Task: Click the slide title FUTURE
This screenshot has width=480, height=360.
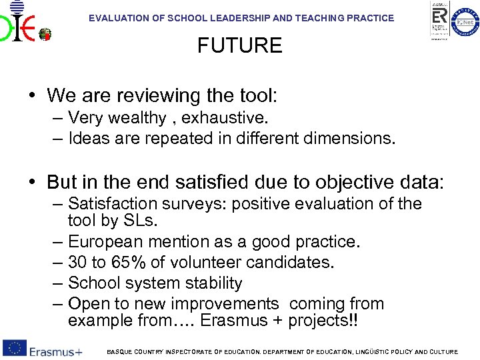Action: click(x=239, y=46)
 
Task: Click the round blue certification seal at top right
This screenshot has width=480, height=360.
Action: click(x=465, y=23)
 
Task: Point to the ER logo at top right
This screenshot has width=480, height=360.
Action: click(x=439, y=20)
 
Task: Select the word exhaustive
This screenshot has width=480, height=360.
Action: click(x=224, y=118)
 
